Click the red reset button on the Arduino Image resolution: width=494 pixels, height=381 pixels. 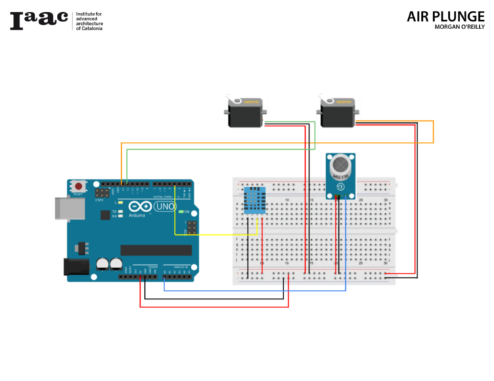(79, 186)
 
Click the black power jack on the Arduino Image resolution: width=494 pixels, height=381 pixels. (75, 267)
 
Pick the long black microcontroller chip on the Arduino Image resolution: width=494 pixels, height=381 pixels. (156, 250)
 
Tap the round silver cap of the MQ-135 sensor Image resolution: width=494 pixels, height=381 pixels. (341, 164)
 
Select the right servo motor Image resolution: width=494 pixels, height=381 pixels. (336, 112)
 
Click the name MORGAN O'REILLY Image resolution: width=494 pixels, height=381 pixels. (459, 28)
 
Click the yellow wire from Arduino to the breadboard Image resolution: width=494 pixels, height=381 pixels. (217, 234)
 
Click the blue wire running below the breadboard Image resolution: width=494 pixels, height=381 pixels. (257, 290)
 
